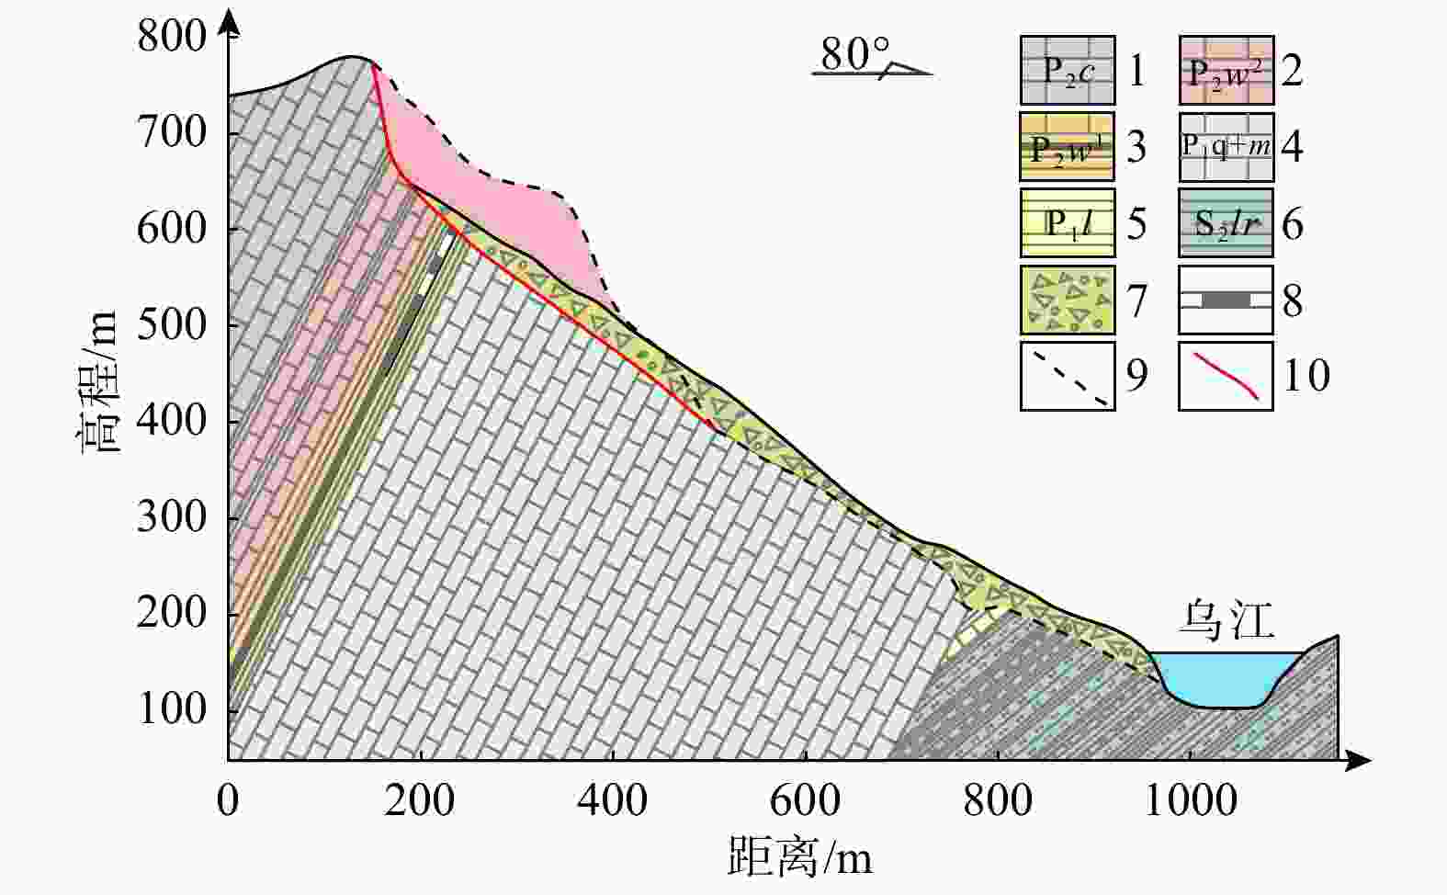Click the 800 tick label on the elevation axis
click(172, 37)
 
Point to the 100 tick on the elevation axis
click(172, 709)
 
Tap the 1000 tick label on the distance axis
click(1190, 801)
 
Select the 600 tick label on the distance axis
click(805, 801)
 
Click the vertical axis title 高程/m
click(99, 381)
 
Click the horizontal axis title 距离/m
click(799, 858)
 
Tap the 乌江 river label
click(1227, 621)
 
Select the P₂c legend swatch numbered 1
click(1067, 71)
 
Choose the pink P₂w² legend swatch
click(1226, 71)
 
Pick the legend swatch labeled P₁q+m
click(1226, 147)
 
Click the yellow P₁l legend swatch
click(1067, 223)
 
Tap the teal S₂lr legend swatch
click(1226, 223)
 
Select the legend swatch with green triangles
click(1067, 300)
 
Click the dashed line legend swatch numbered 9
click(1067, 376)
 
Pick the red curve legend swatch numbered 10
click(1226, 376)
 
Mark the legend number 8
click(1292, 301)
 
